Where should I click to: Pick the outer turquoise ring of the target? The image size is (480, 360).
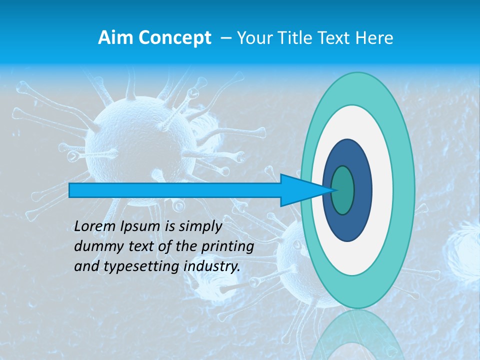403,190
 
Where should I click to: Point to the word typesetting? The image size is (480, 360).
140,267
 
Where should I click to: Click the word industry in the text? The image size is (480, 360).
212,267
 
